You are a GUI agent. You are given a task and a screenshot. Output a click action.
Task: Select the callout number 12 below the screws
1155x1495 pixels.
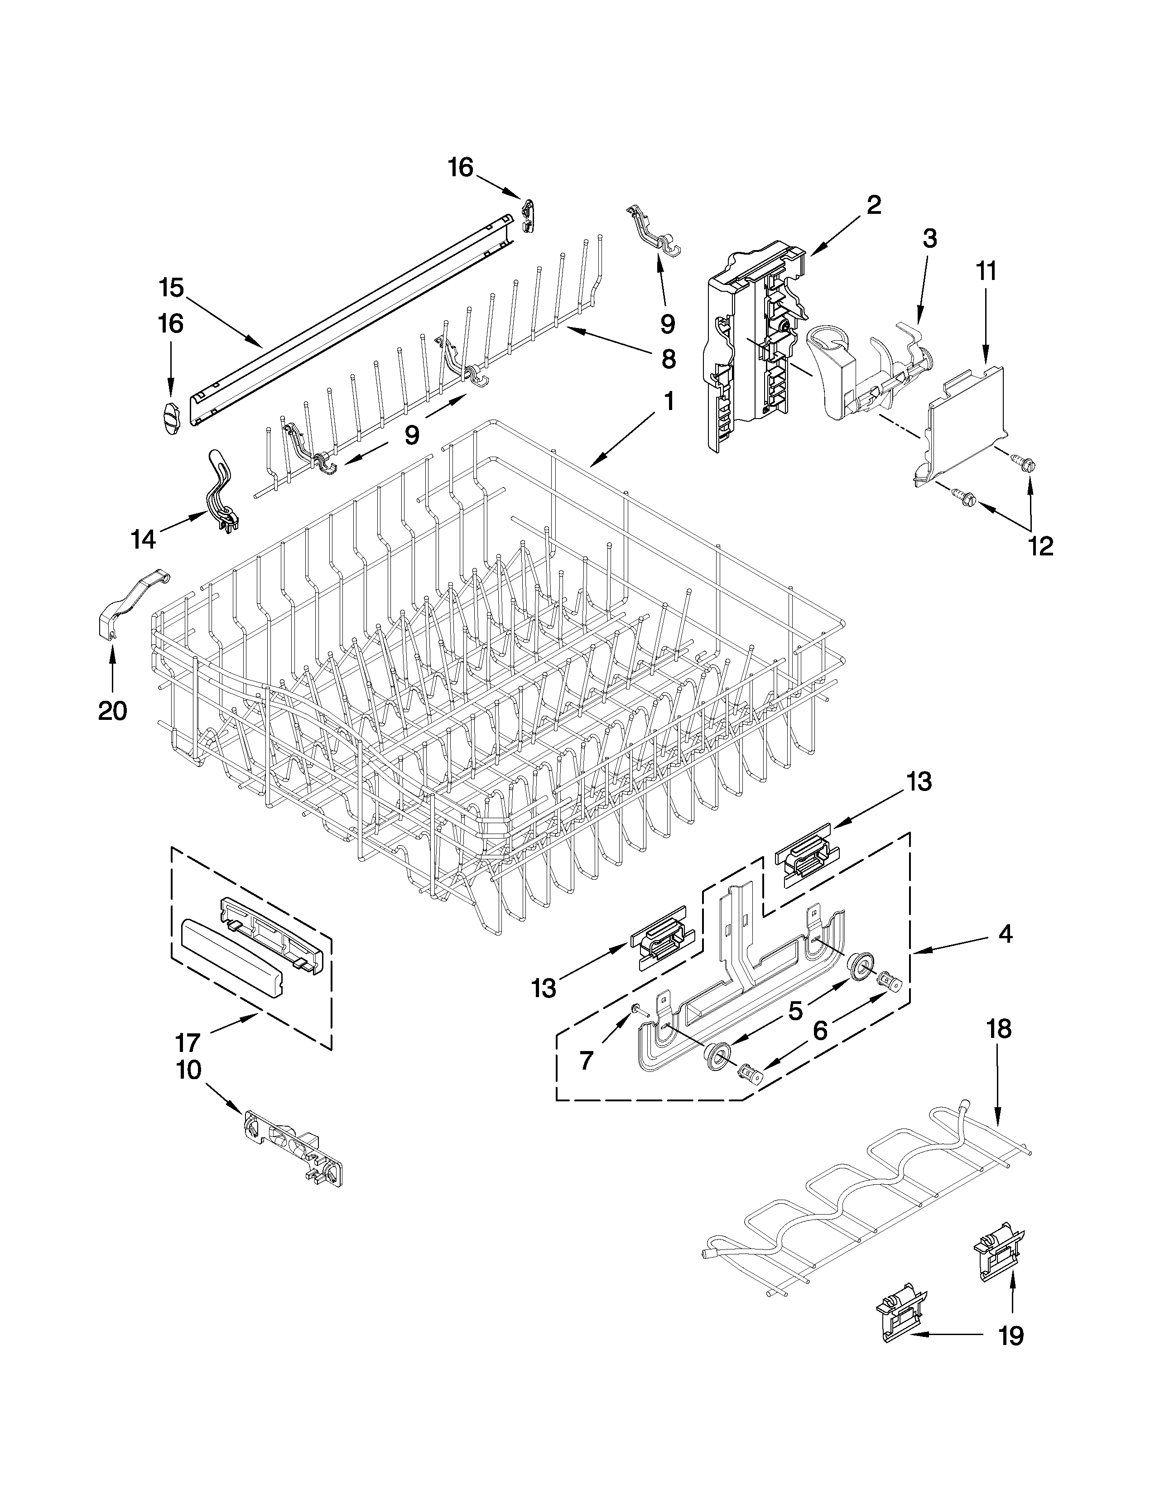(x=1041, y=545)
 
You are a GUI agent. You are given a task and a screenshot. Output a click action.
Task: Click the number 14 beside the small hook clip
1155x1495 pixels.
(x=144, y=540)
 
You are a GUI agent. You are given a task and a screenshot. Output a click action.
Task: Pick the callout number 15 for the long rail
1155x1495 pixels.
(x=171, y=288)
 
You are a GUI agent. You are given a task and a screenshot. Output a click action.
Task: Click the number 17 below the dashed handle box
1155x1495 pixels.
(x=188, y=1042)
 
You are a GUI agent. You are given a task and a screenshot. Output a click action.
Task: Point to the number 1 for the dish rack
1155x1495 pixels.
(x=669, y=402)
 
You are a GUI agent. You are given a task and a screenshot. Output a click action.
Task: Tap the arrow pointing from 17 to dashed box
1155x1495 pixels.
(x=229, y=1026)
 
